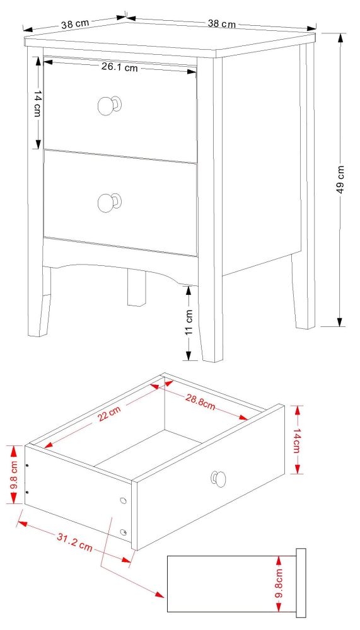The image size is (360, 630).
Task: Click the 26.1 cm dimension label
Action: pyautogui.click(x=119, y=67)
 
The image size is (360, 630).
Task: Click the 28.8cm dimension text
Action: pyautogui.click(x=200, y=401)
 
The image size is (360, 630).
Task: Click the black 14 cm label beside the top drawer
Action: pyautogui.click(x=38, y=103)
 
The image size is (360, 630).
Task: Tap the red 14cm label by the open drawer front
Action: pyautogui.click(x=297, y=439)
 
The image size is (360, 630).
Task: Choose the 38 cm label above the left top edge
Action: pyautogui.click(x=74, y=24)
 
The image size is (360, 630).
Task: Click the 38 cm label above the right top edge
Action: pyautogui.click(x=221, y=24)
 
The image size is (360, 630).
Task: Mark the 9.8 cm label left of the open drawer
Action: pyautogui.click(x=9, y=474)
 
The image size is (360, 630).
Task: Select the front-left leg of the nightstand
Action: pyautogui.click(x=38, y=302)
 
